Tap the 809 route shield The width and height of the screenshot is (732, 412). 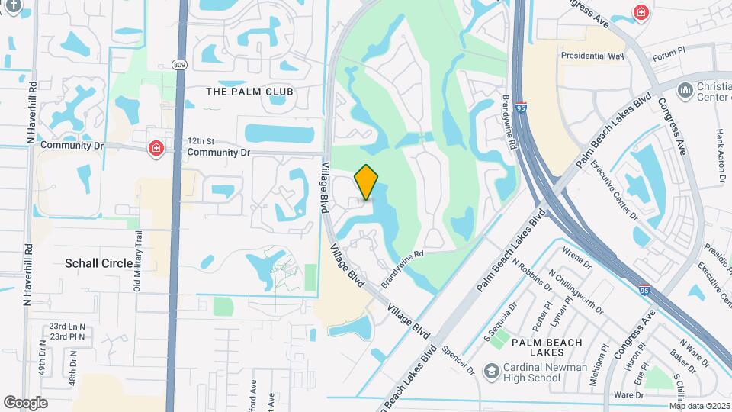179,65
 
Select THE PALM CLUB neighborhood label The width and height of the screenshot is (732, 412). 249,92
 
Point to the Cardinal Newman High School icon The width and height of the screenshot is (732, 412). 493,372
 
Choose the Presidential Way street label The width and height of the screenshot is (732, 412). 592,56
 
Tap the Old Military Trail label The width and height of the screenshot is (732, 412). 138,261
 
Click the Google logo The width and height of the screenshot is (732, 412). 25,402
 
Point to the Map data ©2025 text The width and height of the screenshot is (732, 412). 699,406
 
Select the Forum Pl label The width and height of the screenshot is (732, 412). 669,55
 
